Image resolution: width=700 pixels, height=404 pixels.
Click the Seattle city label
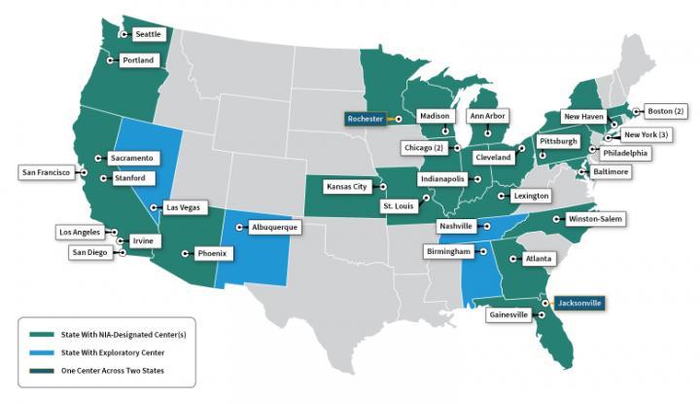coord(148,34)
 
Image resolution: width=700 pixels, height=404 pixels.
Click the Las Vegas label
coord(184,207)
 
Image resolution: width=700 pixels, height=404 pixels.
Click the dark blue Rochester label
coord(366,118)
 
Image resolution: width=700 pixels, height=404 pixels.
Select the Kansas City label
coord(347,185)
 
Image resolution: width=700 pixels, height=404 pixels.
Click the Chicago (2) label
coord(424,148)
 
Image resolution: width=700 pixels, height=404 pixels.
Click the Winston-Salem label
coord(596,219)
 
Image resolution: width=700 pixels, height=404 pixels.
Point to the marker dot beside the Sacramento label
coord(99,158)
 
